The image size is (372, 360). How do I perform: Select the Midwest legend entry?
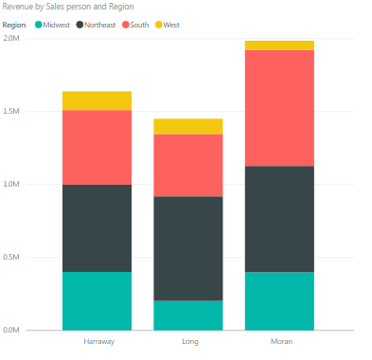[54, 25]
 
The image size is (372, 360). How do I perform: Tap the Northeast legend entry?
[99, 25]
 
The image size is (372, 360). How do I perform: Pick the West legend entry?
[171, 25]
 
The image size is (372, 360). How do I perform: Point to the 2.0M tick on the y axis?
[11, 39]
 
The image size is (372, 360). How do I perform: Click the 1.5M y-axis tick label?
[11, 112]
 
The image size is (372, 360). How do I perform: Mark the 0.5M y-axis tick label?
[11, 258]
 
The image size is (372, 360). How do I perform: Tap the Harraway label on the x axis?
[97, 341]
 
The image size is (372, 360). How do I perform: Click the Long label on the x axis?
[188, 341]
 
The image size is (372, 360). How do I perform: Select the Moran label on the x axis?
[279, 341]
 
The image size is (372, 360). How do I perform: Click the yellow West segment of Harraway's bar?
[97, 100]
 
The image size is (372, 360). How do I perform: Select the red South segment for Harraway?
[97, 147]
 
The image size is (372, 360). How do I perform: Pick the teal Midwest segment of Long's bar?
[188, 315]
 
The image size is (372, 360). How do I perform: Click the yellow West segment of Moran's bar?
[279, 45]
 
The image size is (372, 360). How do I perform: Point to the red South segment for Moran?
[279, 108]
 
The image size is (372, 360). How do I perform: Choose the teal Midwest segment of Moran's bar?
[279, 300]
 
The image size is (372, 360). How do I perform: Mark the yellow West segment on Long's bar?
[188, 126]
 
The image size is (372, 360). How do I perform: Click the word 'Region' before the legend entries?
[14, 25]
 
